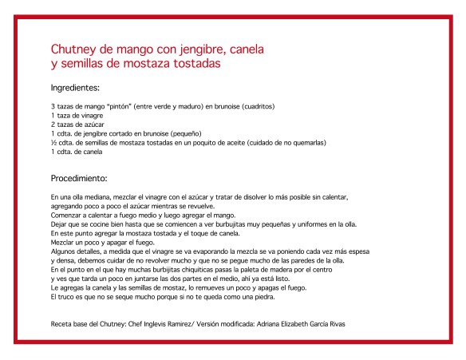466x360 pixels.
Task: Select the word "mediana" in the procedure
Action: point(89,196)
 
